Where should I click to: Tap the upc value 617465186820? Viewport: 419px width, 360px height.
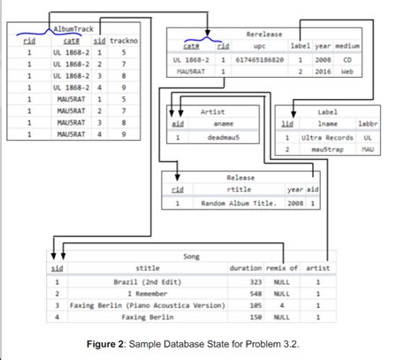[x=259, y=59]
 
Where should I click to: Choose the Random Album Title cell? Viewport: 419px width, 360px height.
[x=239, y=203]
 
